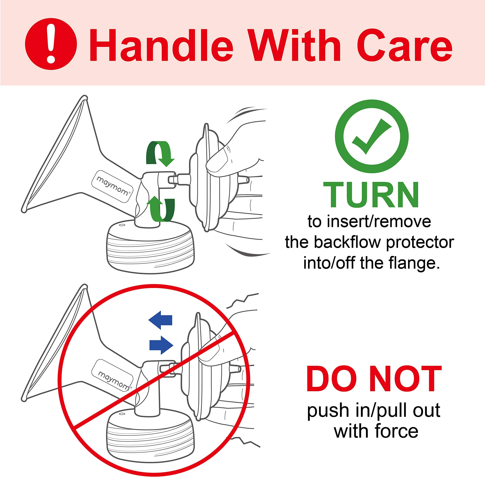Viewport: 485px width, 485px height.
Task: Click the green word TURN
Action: tap(371, 194)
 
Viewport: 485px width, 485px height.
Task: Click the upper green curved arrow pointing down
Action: tap(160, 153)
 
